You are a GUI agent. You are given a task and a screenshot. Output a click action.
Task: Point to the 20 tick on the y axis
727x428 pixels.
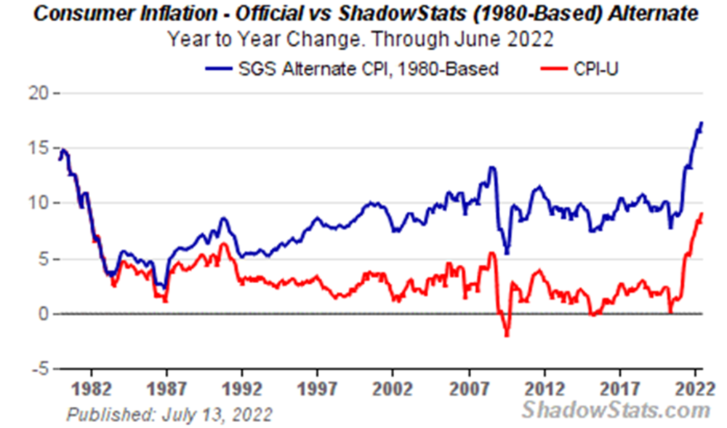click(x=37, y=93)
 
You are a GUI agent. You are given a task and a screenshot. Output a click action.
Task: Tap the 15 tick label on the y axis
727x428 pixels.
click(x=37, y=148)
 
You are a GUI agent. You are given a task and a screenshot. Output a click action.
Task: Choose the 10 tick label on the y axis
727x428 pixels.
click(x=37, y=203)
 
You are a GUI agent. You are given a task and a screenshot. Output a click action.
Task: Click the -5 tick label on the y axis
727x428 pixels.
click(x=37, y=368)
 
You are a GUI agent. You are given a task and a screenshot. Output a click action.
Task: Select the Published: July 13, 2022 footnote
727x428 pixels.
click(x=169, y=415)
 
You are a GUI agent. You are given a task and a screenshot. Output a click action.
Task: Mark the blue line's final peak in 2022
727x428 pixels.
click(x=702, y=123)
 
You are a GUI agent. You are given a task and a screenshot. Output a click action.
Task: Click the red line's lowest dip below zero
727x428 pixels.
click(x=507, y=336)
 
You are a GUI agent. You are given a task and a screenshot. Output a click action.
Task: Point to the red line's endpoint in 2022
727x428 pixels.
click(x=702, y=213)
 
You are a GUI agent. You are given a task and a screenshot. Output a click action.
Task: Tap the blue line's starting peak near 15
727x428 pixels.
click(x=64, y=150)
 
